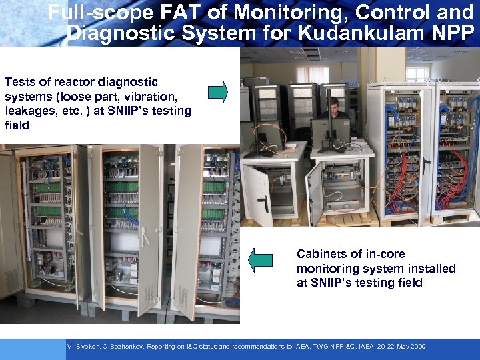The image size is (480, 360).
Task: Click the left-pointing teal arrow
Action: click(x=261, y=259)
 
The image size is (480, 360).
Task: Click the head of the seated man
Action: click(x=335, y=103)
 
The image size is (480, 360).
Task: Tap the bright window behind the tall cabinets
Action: click(x=419, y=74)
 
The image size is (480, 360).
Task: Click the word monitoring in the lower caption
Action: click(x=328, y=269)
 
